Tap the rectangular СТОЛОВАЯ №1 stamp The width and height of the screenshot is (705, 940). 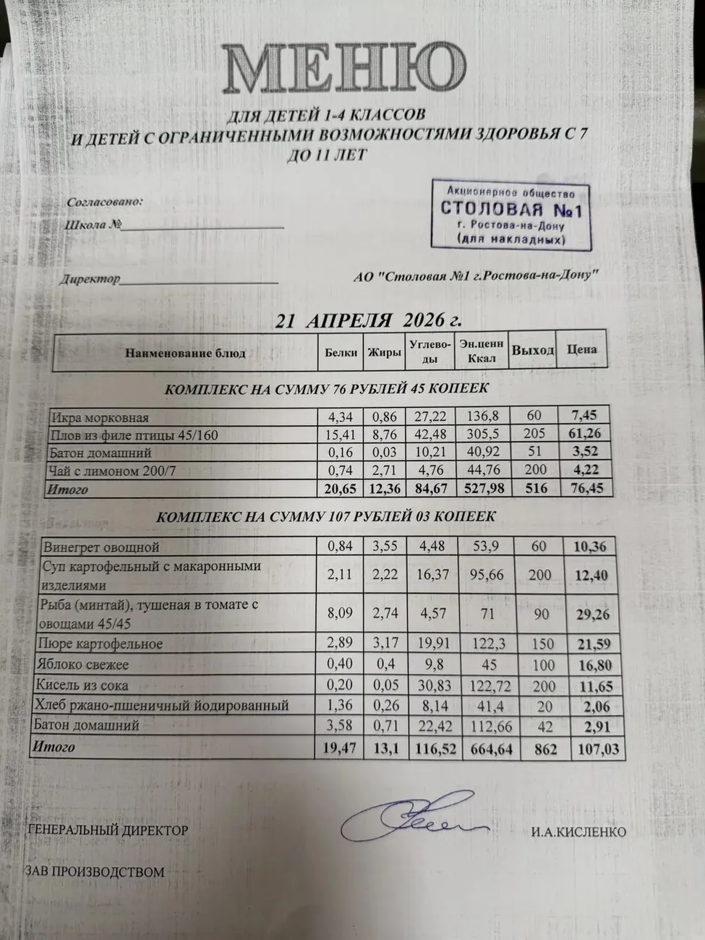click(510, 215)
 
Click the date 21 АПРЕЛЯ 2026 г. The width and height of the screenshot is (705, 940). click(368, 320)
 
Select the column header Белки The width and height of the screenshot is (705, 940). click(341, 353)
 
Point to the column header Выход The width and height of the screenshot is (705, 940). click(533, 351)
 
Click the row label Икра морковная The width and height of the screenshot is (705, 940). click(99, 417)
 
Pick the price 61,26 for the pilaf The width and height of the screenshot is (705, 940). click(584, 434)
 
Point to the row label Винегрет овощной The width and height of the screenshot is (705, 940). click(101, 547)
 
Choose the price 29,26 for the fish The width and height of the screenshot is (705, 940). click(591, 614)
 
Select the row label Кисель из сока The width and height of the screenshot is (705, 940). click(85, 685)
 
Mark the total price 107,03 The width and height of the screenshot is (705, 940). click(597, 748)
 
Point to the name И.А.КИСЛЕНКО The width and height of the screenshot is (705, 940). click(578, 832)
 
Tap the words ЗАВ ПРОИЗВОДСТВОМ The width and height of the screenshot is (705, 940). click(95, 872)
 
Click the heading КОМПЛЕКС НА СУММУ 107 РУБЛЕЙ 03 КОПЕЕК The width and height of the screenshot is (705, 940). click(325, 517)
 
